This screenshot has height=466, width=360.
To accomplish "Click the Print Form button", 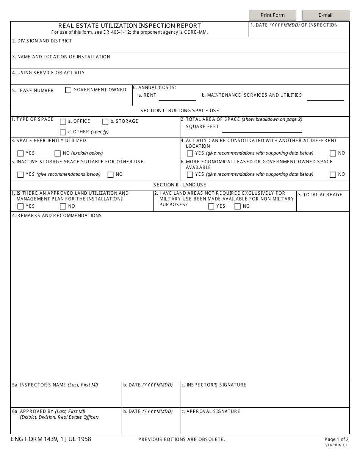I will pos(272,15).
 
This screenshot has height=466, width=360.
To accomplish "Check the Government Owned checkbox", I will pos(68,90).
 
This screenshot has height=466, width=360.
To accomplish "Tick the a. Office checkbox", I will pos(63,122).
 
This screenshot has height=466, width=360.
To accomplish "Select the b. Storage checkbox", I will pos(105,122).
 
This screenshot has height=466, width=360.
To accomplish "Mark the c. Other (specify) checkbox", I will pos(63,132).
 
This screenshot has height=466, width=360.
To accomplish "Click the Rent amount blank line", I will pos(177,98).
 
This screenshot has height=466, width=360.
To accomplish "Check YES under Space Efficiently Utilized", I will pos(20,153).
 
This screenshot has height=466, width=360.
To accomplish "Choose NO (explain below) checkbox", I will pos(58,153).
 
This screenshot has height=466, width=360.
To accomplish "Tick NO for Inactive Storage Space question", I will pos(111,175).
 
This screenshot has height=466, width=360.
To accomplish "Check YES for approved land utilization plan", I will pos(20,206).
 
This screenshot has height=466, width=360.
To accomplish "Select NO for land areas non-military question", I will pos(238,206).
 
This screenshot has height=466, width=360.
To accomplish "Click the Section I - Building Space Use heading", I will pos(180,111).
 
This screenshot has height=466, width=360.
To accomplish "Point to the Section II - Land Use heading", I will pos(180,185).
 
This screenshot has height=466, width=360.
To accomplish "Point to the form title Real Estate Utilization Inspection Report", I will pos(130,26).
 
